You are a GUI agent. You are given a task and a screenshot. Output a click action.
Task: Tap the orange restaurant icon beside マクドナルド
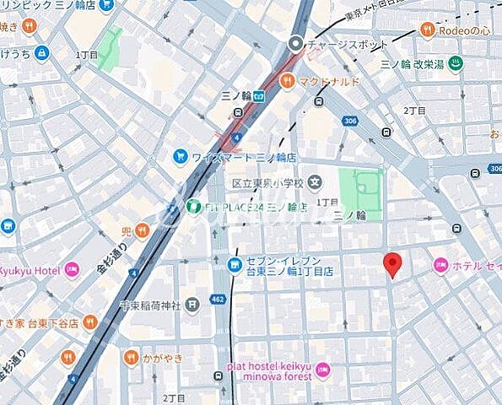coord(288,81)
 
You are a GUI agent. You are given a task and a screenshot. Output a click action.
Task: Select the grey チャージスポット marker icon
coord(296,44)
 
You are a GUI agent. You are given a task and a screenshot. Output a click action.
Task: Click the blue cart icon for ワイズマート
coord(180,156)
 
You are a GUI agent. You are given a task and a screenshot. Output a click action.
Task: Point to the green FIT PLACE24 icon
coord(192,205)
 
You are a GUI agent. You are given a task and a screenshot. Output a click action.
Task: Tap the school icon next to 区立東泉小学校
coord(315,181)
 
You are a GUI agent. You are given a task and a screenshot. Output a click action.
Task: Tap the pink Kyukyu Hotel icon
coord(72,270)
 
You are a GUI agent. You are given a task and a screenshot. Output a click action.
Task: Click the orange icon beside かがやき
coord(130,358)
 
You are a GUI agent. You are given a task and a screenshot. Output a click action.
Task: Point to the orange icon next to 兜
coord(143,229)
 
